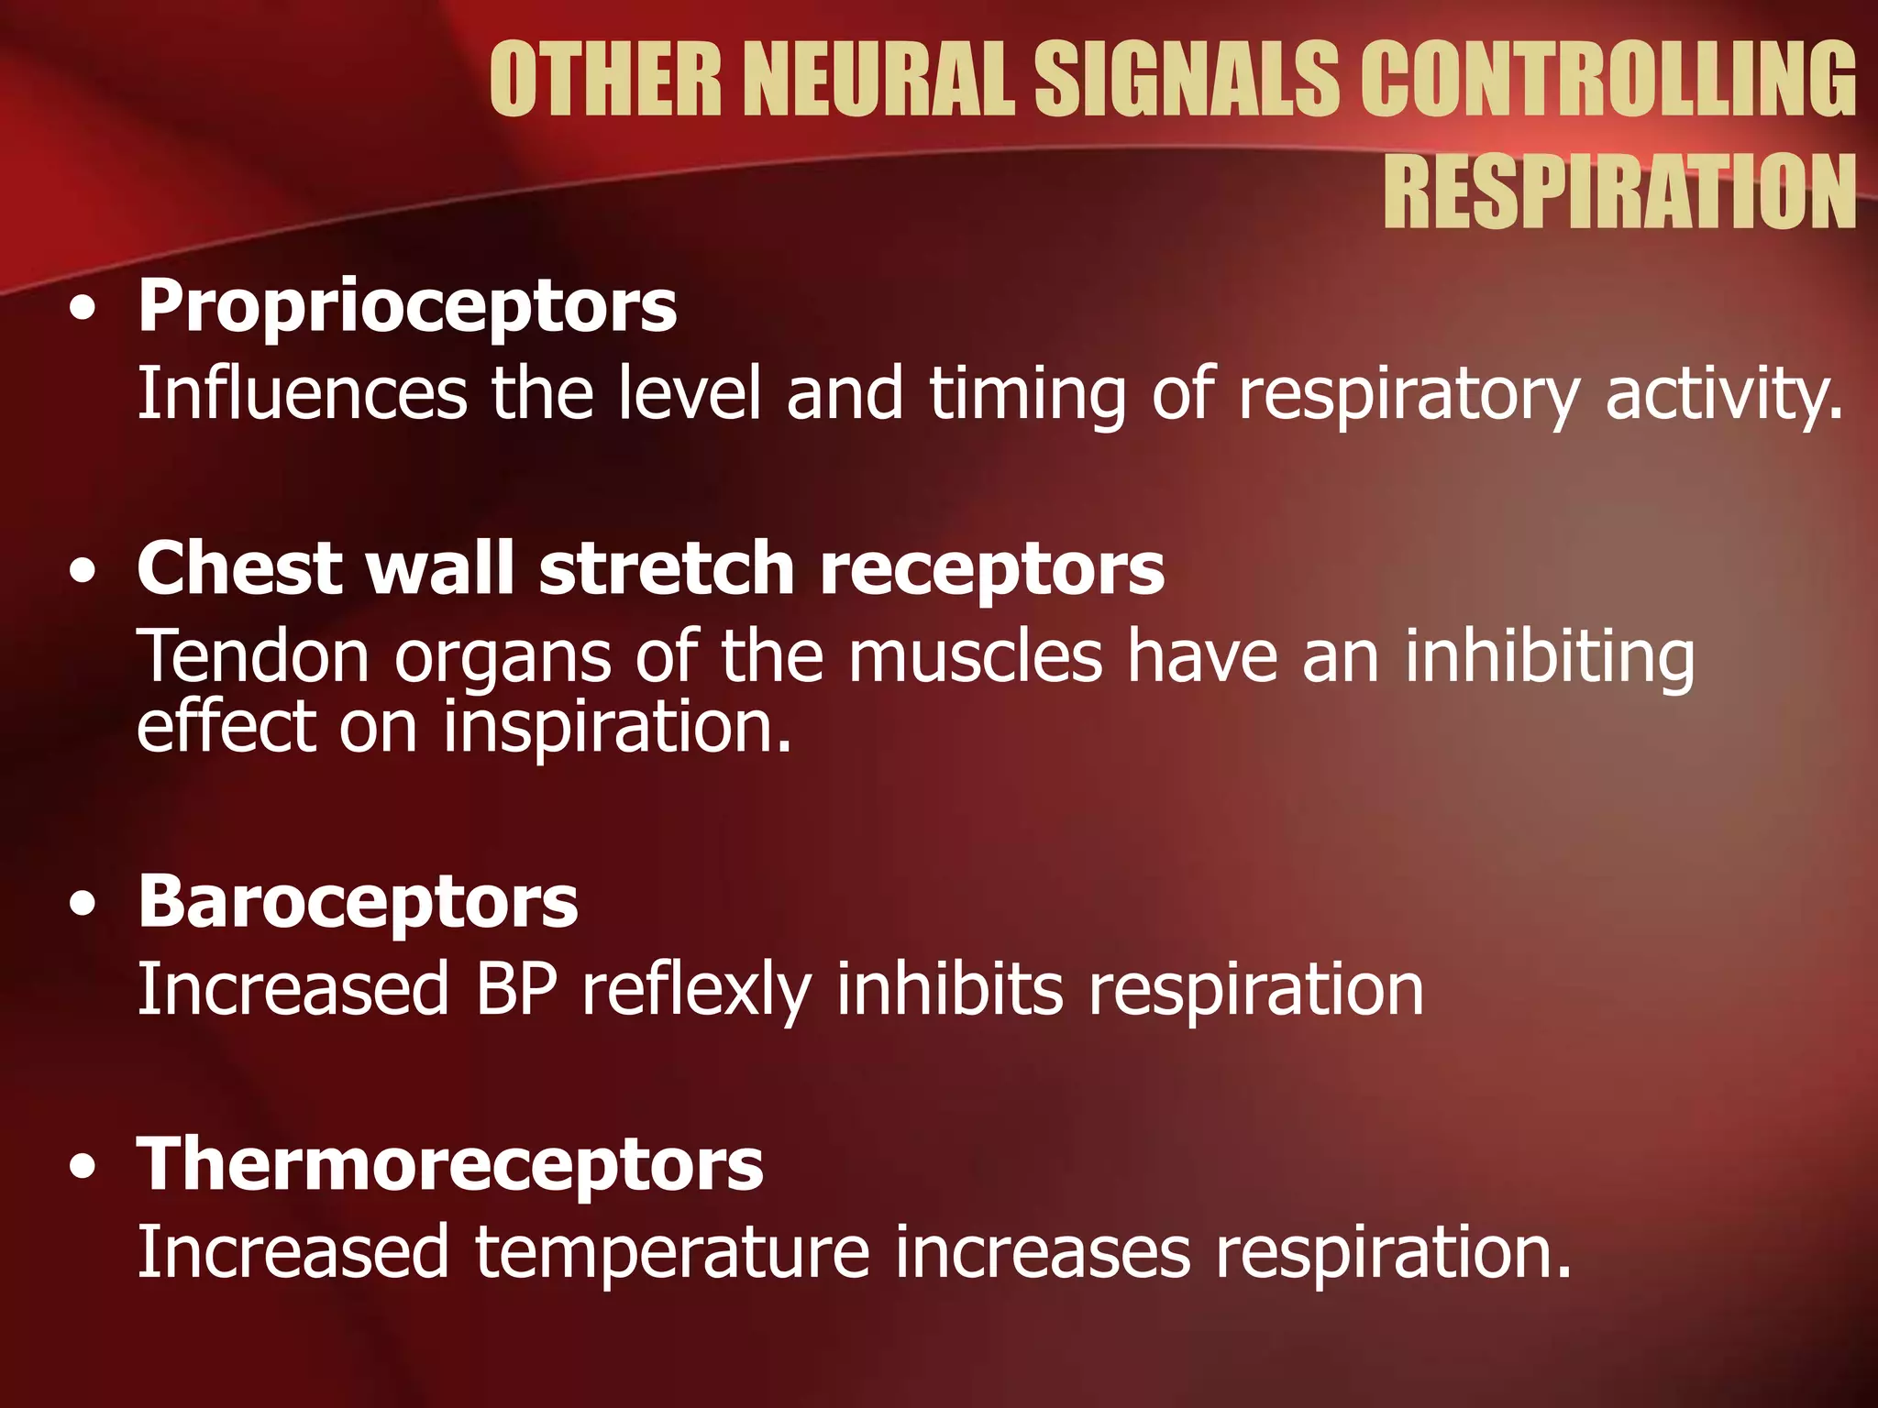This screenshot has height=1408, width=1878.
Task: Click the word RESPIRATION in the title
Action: [1619, 192]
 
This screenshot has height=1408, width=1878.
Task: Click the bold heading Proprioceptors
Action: [407, 307]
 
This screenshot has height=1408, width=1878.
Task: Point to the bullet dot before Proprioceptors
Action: [83, 310]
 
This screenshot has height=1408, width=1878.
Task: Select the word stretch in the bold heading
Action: [667, 569]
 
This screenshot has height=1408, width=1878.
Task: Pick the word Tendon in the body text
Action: [253, 656]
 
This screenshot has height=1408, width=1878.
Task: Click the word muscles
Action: [975, 656]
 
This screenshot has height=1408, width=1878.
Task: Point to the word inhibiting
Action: [1549, 656]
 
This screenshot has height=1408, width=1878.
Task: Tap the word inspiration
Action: [616, 727]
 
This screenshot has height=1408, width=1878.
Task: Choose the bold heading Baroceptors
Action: [358, 902]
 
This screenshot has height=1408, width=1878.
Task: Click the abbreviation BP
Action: [516, 989]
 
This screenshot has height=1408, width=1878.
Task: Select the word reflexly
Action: [697, 991]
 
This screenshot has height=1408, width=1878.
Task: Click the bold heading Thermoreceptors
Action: [449, 1164]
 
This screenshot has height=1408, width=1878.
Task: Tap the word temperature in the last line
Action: [671, 1253]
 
